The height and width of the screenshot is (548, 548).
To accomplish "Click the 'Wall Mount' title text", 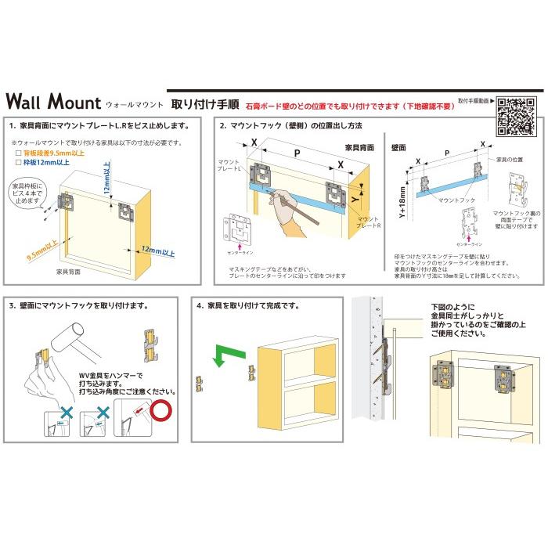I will (x=53, y=103).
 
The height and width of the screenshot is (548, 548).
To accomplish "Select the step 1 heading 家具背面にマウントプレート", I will (x=99, y=125).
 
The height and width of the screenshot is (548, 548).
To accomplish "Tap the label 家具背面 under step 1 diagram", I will (x=68, y=271).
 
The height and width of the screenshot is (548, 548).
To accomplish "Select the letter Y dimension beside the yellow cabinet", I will (x=355, y=200).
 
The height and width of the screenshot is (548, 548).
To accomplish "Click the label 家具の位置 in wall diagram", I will (x=510, y=159).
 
